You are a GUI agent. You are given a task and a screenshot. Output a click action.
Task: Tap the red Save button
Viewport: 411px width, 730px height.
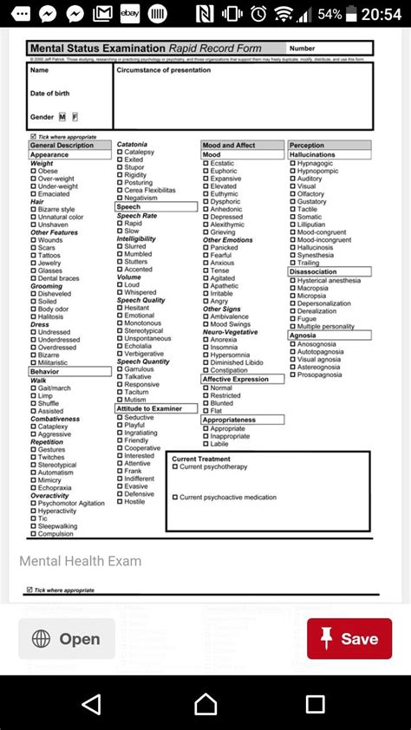[x=349, y=639]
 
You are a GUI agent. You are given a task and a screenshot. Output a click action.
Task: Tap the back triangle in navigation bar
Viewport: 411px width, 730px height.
[x=91, y=703]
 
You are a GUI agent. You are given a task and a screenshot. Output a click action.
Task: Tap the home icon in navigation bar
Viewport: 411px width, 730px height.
[x=205, y=703]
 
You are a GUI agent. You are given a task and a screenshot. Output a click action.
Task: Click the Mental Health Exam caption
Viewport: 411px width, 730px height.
[x=80, y=561]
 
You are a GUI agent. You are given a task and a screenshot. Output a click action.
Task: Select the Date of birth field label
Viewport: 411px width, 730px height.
[x=49, y=94]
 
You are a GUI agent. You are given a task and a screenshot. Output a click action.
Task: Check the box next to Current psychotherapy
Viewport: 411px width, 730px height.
[x=175, y=467]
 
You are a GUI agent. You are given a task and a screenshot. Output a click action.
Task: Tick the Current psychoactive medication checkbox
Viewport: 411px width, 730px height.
[x=175, y=498]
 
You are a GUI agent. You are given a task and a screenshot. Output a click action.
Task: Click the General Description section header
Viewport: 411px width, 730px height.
[x=62, y=146]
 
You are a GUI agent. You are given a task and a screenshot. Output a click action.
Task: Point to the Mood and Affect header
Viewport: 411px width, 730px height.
[x=229, y=146]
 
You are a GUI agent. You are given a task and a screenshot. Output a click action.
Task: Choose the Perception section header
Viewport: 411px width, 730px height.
[x=307, y=146]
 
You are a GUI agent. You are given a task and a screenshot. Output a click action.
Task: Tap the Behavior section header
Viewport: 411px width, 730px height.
[x=45, y=371]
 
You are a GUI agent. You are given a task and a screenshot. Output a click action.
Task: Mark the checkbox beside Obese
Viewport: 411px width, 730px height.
[x=33, y=172]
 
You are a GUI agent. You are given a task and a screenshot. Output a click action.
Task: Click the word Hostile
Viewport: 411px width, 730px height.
[x=134, y=501]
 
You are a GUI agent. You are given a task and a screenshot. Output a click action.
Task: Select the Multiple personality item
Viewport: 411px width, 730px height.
[x=325, y=327]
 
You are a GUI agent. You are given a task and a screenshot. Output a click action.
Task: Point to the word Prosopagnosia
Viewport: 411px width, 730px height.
[x=319, y=375]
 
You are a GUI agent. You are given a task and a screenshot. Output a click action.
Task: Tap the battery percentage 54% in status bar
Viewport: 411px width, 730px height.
[x=329, y=15]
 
